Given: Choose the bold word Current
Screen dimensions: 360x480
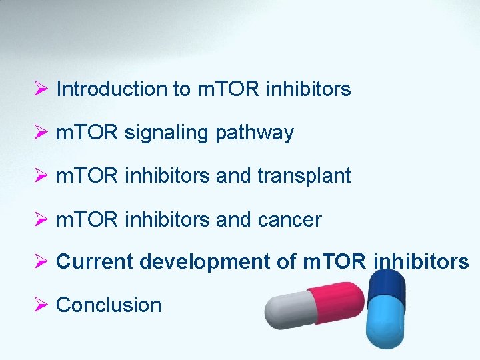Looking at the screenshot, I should click(x=95, y=262).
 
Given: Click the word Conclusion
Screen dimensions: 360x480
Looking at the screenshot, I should click(x=109, y=305).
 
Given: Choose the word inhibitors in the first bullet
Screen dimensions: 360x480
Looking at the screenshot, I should click(x=308, y=89).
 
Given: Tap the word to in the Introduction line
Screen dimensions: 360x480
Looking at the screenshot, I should click(x=182, y=89).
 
